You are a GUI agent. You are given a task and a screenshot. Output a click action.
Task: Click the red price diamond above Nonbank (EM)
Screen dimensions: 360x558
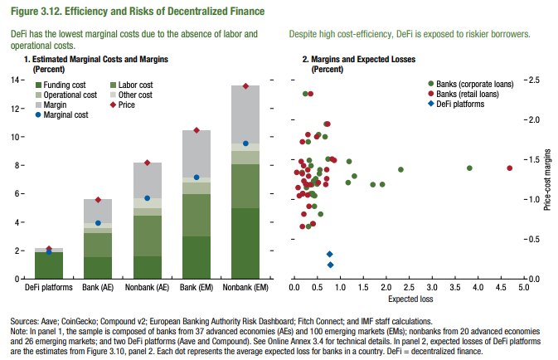pos(245,86)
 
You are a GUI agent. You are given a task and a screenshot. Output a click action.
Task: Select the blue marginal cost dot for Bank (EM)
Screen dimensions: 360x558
pos(197,177)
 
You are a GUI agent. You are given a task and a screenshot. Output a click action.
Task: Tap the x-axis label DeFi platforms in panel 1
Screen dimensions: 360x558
pos(49,288)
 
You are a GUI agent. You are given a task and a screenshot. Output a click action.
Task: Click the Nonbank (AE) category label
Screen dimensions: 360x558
pos(147,288)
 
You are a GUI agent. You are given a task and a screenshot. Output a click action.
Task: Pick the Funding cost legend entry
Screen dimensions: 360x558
pos(63,85)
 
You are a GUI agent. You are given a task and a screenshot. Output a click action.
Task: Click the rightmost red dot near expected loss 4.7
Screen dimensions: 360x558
pos(509,168)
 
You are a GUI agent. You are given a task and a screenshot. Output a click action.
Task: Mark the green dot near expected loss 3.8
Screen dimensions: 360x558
pos(469,168)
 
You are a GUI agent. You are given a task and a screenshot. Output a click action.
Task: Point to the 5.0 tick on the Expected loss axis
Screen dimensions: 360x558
pos(523,288)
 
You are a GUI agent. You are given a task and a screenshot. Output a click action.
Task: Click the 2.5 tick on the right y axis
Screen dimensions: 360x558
pos(532,80)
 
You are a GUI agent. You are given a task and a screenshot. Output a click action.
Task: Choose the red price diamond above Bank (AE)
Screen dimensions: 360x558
pos(98,200)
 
